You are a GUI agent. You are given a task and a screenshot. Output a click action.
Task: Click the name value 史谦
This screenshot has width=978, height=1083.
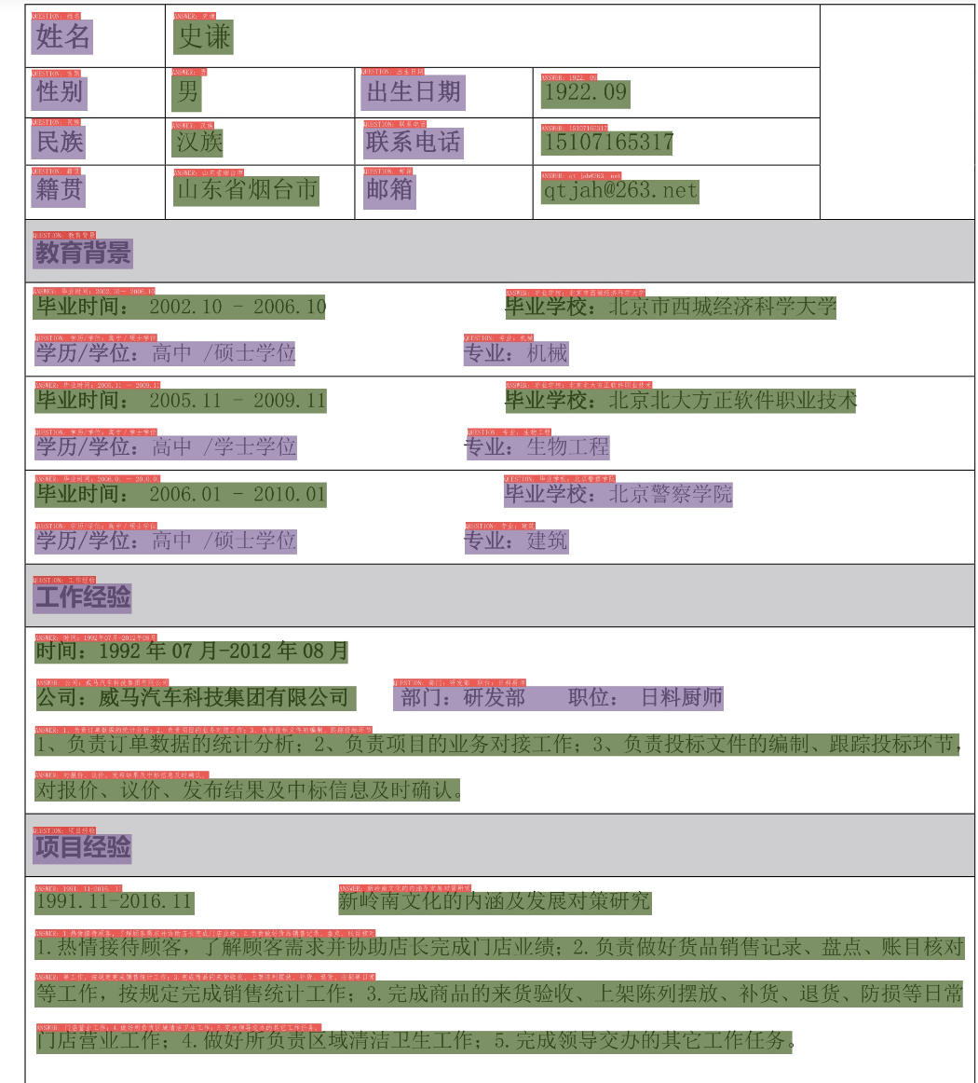[203, 37]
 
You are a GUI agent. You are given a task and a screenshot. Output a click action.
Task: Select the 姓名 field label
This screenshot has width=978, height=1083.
[62, 37]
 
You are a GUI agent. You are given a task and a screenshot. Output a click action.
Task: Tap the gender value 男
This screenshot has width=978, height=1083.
[187, 91]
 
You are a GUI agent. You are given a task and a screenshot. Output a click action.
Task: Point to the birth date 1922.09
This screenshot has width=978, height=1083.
[585, 93]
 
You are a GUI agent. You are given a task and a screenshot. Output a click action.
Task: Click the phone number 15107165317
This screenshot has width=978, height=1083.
[607, 143]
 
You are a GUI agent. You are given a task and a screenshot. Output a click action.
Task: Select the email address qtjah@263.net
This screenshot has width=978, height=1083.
[619, 191]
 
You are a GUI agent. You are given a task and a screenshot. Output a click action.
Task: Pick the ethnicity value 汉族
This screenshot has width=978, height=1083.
[198, 142]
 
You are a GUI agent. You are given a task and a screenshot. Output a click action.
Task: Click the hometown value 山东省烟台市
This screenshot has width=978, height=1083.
[247, 190]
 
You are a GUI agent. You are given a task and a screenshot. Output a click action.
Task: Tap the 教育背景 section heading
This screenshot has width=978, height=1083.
[83, 253]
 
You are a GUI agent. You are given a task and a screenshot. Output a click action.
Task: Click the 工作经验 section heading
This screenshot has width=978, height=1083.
[83, 596]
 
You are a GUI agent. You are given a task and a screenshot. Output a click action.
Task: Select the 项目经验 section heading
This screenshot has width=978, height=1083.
[83, 847]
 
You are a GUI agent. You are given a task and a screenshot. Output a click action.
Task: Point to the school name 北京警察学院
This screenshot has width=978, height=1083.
[671, 494]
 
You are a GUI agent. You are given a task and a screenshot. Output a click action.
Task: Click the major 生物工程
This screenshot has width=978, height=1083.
[567, 447]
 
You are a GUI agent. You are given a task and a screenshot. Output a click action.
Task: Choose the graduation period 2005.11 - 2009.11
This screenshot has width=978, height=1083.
[238, 401]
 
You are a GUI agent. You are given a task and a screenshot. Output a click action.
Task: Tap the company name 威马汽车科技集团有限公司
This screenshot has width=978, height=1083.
[224, 697]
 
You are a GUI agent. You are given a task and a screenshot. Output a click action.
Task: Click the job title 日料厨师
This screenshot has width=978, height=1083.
[682, 697]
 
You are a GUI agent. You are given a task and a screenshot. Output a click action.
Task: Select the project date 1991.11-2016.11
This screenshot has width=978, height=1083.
[114, 902]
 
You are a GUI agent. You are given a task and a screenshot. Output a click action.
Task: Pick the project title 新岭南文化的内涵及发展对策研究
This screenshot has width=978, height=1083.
[494, 902]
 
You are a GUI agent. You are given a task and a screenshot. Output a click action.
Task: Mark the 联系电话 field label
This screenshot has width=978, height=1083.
[413, 142]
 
